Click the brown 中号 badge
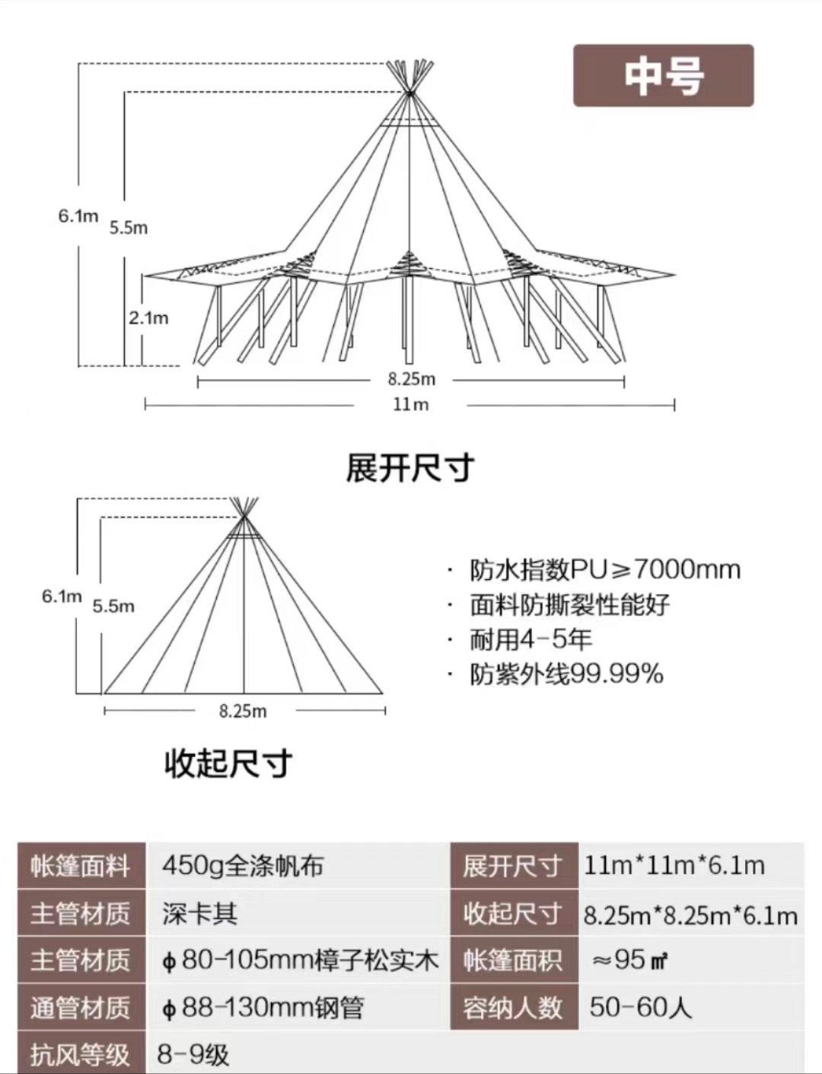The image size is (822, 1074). [x=663, y=75]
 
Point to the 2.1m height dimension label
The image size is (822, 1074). [x=148, y=317]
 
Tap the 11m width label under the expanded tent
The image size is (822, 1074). [x=410, y=404]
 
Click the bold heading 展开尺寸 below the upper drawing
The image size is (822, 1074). [x=410, y=467]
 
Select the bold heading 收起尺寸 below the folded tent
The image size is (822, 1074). [x=228, y=763]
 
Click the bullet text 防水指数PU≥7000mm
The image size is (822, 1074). [x=605, y=569]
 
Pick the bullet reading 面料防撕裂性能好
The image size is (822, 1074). [x=569, y=604]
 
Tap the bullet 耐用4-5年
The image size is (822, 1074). [x=530, y=639]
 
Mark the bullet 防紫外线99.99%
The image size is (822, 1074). [x=566, y=674]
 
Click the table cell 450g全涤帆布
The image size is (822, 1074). [x=243, y=865]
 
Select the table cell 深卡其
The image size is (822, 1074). [x=199, y=913]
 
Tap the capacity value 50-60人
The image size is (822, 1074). [x=640, y=1007]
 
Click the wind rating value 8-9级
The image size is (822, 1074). [x=193, y=1054]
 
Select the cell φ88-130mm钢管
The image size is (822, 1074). [x=263, y=1007]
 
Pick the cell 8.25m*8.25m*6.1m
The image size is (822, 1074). [x=690, y=915]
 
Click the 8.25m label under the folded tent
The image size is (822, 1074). [x=243, y=711]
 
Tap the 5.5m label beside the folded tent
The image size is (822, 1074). [x=113, y=607]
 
